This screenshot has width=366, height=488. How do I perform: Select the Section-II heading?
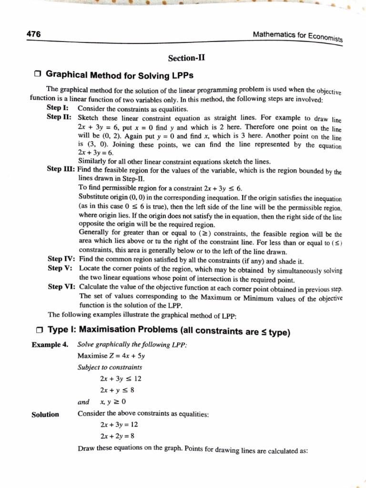point(186,59)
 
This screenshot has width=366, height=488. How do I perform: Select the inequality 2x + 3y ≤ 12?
point(121,379)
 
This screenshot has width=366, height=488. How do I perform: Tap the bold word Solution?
point(45,414)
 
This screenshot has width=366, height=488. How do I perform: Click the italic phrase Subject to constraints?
point(109,367)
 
